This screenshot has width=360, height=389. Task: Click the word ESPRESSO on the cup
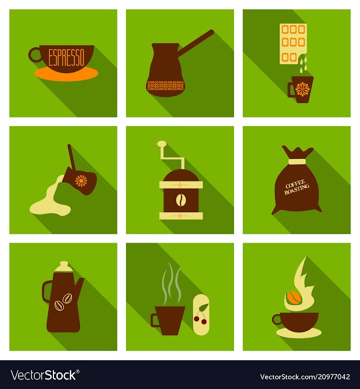coord(66,57)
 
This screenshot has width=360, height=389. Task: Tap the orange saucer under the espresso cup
coord(66,74)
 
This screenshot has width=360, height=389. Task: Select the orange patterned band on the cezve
coord(165,86)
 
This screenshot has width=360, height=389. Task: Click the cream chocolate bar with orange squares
coord(293,44)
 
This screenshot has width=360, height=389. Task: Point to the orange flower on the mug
coord(301,90)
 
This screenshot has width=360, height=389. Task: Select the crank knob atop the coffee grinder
coord(162,144)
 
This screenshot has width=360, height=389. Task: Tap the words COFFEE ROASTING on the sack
coord(296,186)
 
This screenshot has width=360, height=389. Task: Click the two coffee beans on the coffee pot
coord(63,301)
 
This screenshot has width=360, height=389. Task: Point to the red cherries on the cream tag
coord(201,320)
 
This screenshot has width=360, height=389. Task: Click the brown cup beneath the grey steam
coord(168,320)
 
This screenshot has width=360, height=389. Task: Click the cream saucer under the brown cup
coord(299,333)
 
